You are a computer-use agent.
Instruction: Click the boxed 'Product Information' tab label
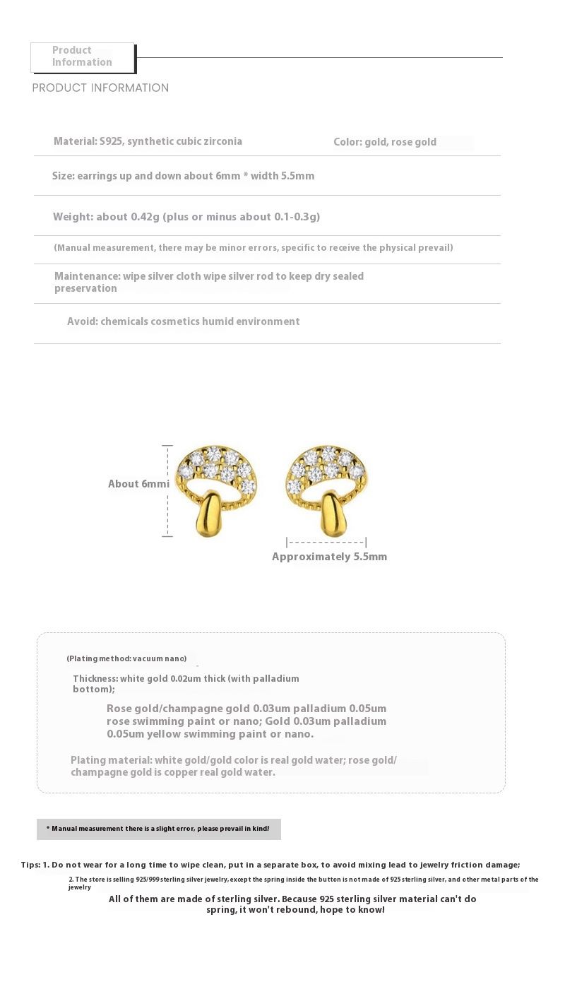pos(82,57)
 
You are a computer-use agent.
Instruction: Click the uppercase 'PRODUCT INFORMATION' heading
pos(100,88)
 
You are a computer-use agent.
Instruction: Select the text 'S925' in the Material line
pos(111,141)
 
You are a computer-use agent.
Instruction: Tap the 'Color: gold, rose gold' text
pos(385,142)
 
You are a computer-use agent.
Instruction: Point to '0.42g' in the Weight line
pos(145,217)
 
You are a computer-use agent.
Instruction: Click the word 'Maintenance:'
pos(87,276)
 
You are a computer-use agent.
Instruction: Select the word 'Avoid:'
pos(82,321)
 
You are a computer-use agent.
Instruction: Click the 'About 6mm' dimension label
pos(138,484)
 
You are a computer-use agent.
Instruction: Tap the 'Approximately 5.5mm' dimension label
pos(330,557)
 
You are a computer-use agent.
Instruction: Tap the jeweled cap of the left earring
pos(216,468)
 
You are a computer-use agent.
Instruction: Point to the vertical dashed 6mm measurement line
pos(167,491)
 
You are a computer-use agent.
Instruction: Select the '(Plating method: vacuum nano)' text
pos(127,658)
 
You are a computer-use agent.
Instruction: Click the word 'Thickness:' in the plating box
pos(95,678)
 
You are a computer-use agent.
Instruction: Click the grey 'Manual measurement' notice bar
pos(159,829)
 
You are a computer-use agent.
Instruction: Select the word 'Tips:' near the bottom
pos(30,865)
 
